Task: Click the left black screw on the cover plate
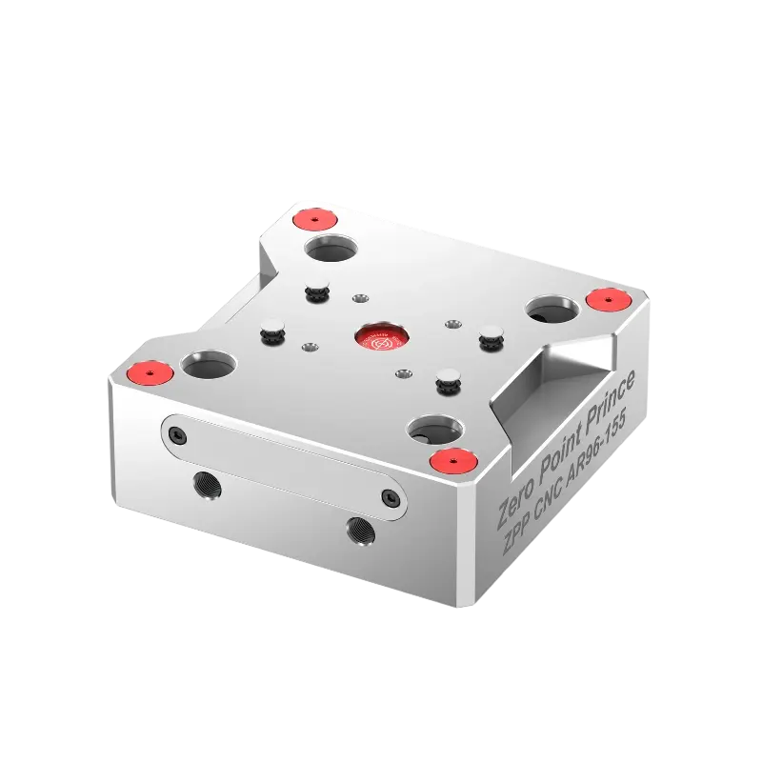coord(173,434)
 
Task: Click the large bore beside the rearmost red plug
coord(331,251)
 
